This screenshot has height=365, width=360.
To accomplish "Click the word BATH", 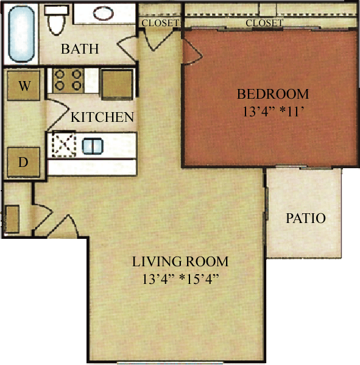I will pos(80,49).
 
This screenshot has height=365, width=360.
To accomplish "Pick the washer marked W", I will pos(24,86).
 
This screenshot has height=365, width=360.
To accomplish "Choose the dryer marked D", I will pos(23,162).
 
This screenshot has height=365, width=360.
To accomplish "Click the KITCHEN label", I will pos(102,117).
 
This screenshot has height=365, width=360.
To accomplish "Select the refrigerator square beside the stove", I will pos(116,83).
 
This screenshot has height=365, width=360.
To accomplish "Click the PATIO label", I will pos(306,218).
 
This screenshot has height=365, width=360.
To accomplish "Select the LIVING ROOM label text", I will pos(180,262).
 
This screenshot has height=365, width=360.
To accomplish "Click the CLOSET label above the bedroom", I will pos(264,23).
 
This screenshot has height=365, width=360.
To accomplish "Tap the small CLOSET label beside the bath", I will pos(160,23).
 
